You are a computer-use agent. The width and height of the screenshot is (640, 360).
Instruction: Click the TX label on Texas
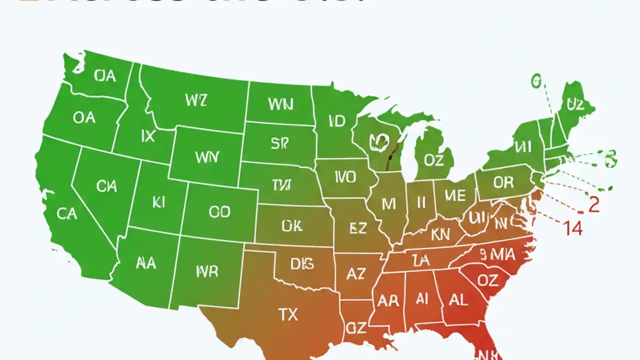click(288, 314)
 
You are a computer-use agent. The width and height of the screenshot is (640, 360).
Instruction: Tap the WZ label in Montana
click(195, 100)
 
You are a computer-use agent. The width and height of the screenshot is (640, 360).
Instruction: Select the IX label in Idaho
click(148, 136)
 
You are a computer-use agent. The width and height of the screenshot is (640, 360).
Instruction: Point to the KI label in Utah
click(158, 202)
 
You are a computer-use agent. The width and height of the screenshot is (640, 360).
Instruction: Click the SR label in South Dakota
click(280, 143)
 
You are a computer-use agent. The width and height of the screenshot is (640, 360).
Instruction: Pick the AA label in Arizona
click(146, 263)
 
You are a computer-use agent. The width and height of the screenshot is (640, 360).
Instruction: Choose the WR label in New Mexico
click(207, 271)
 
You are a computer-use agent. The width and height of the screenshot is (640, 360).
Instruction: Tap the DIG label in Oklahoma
click(302, 263)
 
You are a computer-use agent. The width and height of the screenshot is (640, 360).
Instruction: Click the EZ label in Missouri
click(358, 228)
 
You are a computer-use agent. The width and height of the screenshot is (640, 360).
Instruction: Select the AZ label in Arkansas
click(356, 273)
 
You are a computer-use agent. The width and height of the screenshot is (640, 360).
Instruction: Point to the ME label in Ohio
click(454, 195)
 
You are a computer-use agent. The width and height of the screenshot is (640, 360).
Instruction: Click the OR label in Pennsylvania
click(503, 182)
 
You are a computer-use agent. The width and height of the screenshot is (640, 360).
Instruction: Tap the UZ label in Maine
click(575, 104)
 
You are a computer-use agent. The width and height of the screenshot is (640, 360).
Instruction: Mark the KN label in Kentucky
click(440, 234)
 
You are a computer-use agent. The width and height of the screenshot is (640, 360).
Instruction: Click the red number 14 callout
click(573, 228)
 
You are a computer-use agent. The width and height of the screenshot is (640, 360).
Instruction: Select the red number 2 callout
click(593, 205)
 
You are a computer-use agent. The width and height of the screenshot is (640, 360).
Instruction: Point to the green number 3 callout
click(610, 158)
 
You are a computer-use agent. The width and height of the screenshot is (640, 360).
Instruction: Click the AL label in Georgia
click(458, 299)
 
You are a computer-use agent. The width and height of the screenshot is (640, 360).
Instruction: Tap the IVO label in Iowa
click(345, 176)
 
